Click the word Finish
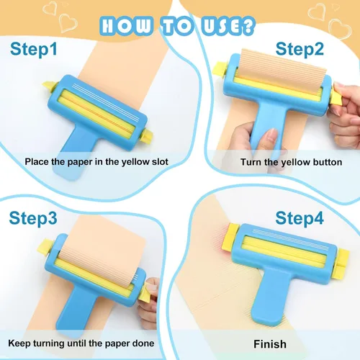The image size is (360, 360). point(269,343)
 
